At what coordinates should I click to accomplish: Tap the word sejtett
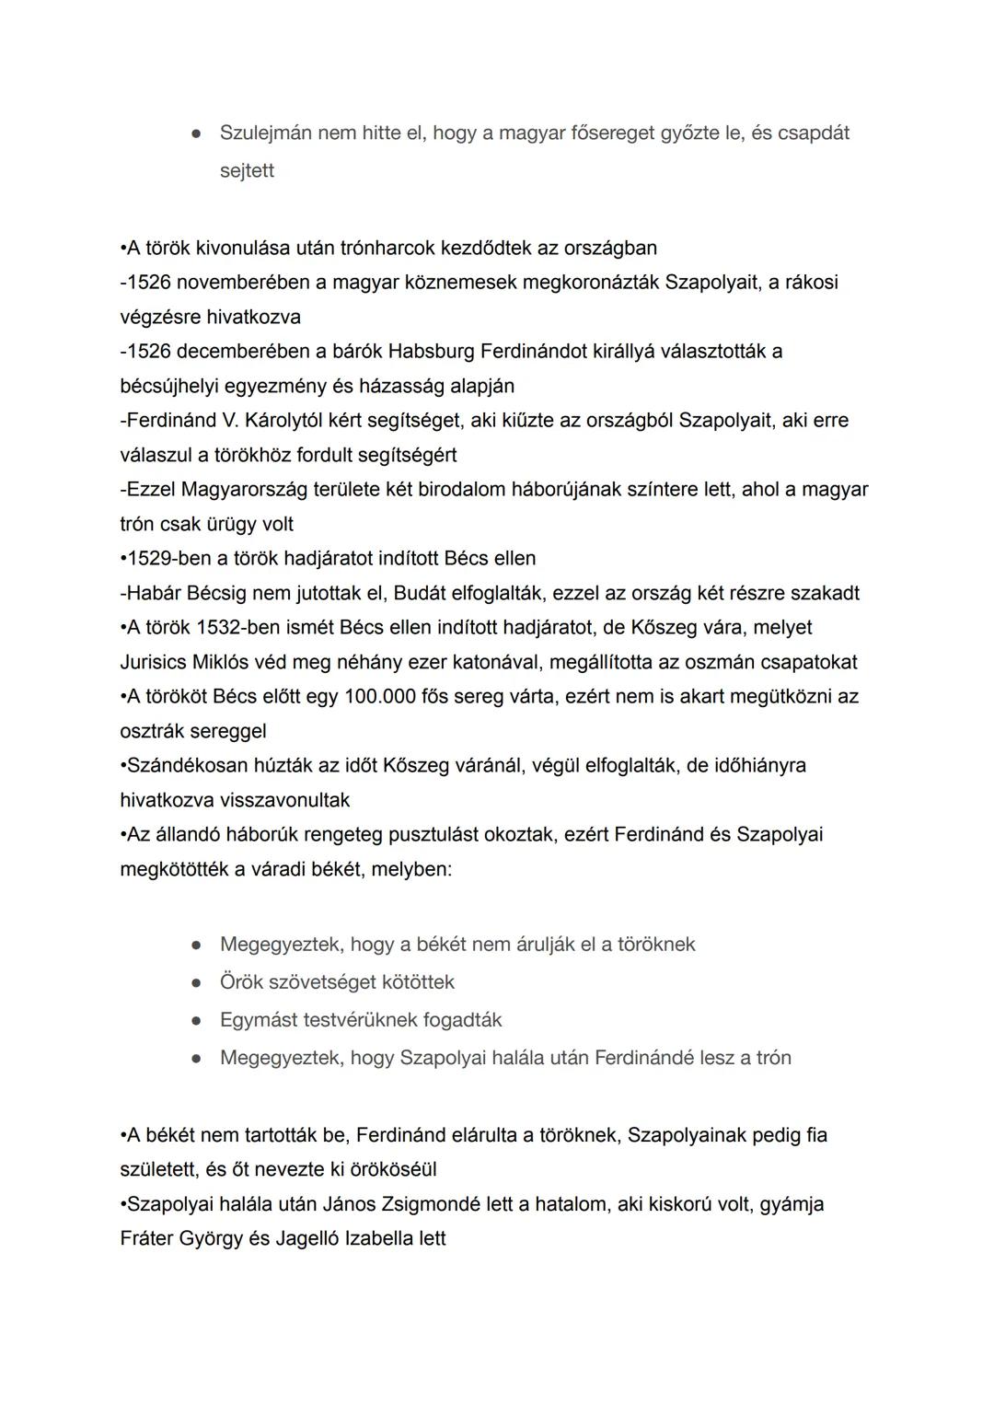[247, 170]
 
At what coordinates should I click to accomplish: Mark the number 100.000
[380, 696]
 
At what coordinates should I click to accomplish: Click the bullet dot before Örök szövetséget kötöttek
[196, 982]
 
